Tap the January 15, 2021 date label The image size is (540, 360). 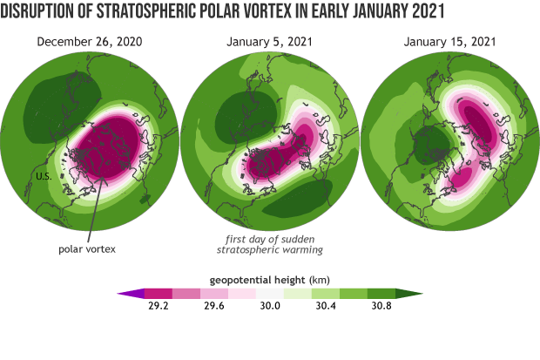click(450, 42)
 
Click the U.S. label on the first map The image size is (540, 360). click(46, 178)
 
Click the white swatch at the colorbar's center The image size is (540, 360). click(268, 293)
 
